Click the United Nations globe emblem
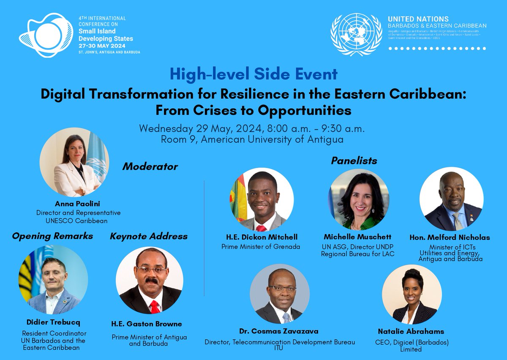[356, 35]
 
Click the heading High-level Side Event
[253, 74]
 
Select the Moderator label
[150, 166]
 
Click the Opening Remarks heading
[52, 236]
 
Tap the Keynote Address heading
[149, 236]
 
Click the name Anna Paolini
[78, 204]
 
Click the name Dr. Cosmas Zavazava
[279, 331]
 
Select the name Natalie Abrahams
[411, 332]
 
